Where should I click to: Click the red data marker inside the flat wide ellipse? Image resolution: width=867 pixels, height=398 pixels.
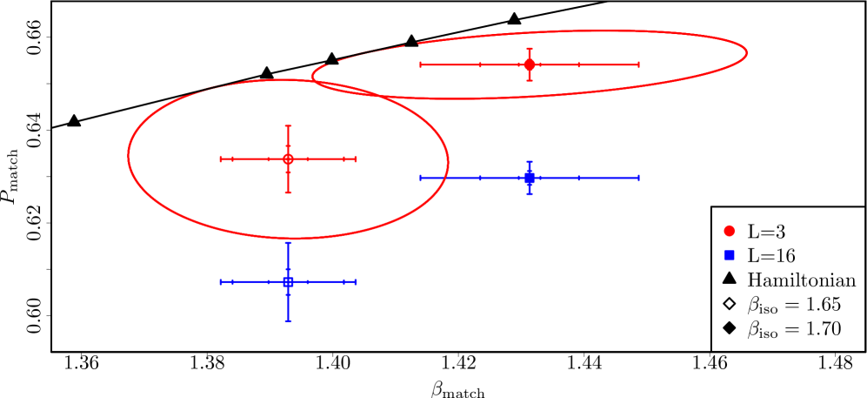coord(530,64)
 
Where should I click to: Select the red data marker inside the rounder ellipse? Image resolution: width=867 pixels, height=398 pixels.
coord(288,159)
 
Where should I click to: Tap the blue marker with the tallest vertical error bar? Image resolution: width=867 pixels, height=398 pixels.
coord(288,282)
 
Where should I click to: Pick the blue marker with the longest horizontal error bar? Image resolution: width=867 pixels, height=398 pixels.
coord(530,178)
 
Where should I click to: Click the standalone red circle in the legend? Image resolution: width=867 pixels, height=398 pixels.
coord(729,231)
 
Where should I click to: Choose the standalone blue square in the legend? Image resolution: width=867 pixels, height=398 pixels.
coord(729,255)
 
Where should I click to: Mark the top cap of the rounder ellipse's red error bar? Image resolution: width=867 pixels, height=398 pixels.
coord(288,126)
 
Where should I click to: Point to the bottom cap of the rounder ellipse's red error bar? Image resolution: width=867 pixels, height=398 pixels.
coord(288,192)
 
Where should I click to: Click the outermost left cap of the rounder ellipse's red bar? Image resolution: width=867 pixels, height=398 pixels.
coord(221,159)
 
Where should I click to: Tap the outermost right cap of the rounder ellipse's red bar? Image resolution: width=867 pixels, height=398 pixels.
coord(356,159)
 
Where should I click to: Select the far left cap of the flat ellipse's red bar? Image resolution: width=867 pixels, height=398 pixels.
coord(421,64)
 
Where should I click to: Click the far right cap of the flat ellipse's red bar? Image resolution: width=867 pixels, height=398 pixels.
coord(638,64)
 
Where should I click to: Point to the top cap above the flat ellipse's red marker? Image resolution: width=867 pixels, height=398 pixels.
coord(530,49)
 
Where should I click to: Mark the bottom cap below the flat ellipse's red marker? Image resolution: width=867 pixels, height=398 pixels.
coord(530,80)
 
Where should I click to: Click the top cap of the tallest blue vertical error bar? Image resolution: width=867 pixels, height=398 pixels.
coord(288,244)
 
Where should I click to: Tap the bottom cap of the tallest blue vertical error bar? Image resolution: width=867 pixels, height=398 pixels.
coord(288,320)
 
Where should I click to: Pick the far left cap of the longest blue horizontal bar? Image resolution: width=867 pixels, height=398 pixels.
coord(421,178)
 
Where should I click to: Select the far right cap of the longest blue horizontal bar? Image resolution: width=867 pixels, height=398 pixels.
coord(638,178)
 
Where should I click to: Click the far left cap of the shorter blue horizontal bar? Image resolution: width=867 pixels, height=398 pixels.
coord(221,282)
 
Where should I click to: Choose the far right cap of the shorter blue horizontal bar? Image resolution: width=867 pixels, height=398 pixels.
coord(356,282)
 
